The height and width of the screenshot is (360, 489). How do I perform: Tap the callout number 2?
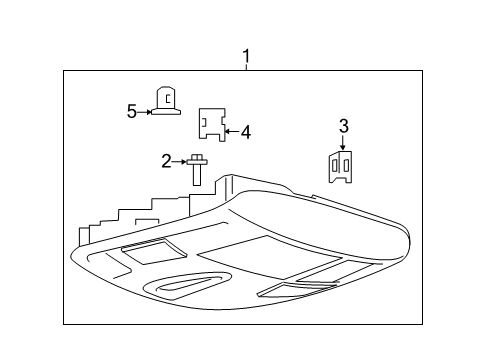167,159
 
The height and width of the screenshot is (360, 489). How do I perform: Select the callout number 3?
343,126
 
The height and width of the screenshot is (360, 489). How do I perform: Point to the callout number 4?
246,130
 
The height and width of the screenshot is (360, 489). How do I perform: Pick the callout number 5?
131,112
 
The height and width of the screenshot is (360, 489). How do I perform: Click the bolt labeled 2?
197,169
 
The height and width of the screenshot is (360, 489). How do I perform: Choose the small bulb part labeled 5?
166,101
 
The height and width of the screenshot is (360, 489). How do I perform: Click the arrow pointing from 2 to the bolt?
180,159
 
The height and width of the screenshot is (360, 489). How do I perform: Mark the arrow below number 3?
343,143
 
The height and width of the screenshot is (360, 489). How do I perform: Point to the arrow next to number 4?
231,130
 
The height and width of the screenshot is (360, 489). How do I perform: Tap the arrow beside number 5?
144,112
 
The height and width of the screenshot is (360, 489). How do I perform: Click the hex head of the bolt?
197,158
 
